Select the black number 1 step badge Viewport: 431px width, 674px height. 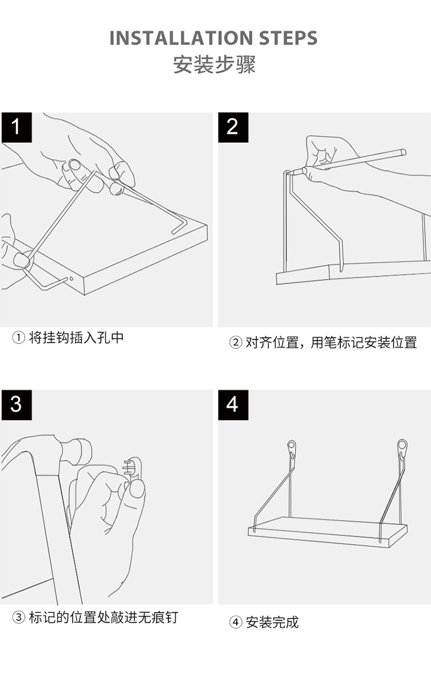point(16,127)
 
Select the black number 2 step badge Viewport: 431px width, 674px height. point(233,127)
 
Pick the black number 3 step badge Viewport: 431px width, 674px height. point(16,404)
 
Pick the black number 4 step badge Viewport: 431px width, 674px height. point(233,404)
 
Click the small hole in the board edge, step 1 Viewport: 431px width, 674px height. point(70,278)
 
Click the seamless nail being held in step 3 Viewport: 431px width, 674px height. point(133,467)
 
